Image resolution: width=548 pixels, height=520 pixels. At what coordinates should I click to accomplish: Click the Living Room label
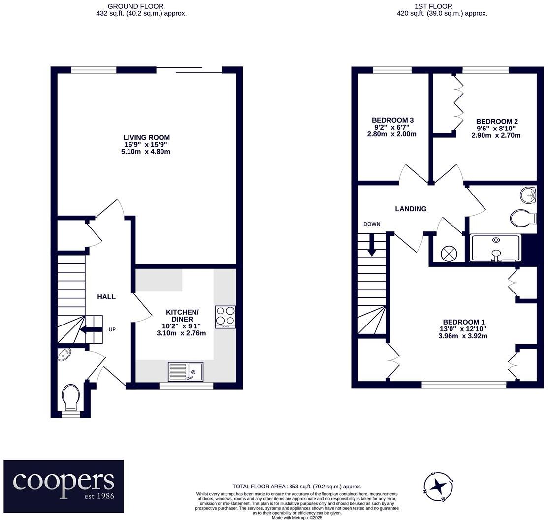[x=146, y=138]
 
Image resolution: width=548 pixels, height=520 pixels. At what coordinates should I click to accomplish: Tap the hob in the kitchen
[x=226, y=317]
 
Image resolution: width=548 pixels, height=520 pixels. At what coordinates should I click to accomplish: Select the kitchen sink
[x=186, y=371]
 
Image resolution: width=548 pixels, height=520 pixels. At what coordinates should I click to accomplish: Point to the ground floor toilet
[x=71, y=398]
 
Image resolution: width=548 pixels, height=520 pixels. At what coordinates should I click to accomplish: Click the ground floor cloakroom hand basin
[x=64, y=355]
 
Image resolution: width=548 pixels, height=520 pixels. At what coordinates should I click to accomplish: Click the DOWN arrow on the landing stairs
[x=372, y=244]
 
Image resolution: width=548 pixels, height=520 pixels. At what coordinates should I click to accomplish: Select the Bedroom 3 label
[x=392, y=120]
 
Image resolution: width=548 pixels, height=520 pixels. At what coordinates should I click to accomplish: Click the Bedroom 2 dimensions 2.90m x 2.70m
[x=496, y=135]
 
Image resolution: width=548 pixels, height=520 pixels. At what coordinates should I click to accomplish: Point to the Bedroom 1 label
[x=464, y=322]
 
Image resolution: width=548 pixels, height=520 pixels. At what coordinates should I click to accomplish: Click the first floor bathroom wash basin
[x=528, y=195]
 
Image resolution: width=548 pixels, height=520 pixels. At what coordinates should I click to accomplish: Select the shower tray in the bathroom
[x=496, y=249]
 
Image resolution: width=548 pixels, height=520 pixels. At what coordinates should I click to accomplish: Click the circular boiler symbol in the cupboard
[x=449, y=253]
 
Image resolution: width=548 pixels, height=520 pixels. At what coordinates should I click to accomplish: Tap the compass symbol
[x=438, y=486]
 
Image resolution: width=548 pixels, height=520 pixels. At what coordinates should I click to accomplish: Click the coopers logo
[x=64, y=486]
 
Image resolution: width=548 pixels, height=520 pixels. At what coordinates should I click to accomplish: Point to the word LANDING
[x=411, y=209]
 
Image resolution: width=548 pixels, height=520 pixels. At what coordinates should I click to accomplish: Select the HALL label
[x=106, y=297]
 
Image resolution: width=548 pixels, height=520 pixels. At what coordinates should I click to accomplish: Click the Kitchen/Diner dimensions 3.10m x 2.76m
[x=181, y=333]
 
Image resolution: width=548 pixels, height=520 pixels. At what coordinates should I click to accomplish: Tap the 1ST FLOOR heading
[x=433, y=6]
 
